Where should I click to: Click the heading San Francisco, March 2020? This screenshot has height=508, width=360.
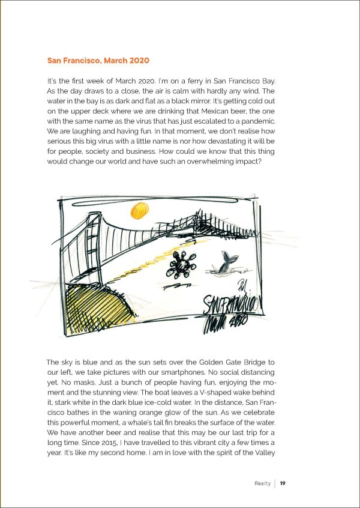coord(97,61)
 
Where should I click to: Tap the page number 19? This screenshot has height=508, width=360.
coord(283,483)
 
